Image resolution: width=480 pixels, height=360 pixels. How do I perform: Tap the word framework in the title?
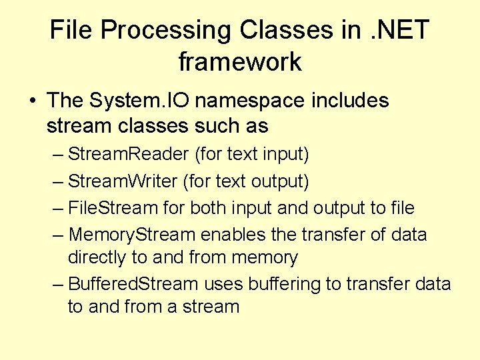point(240,62)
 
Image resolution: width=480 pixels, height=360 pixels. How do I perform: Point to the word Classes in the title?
point(285,30)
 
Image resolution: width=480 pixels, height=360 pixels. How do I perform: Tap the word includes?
point(350,101)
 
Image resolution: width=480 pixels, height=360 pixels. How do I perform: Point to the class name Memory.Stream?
point(132,235)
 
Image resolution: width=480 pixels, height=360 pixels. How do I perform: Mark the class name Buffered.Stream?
point(133,284)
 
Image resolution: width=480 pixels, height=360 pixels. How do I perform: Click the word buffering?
point(284,285)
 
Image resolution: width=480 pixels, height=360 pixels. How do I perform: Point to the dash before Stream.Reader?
point(58,155)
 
